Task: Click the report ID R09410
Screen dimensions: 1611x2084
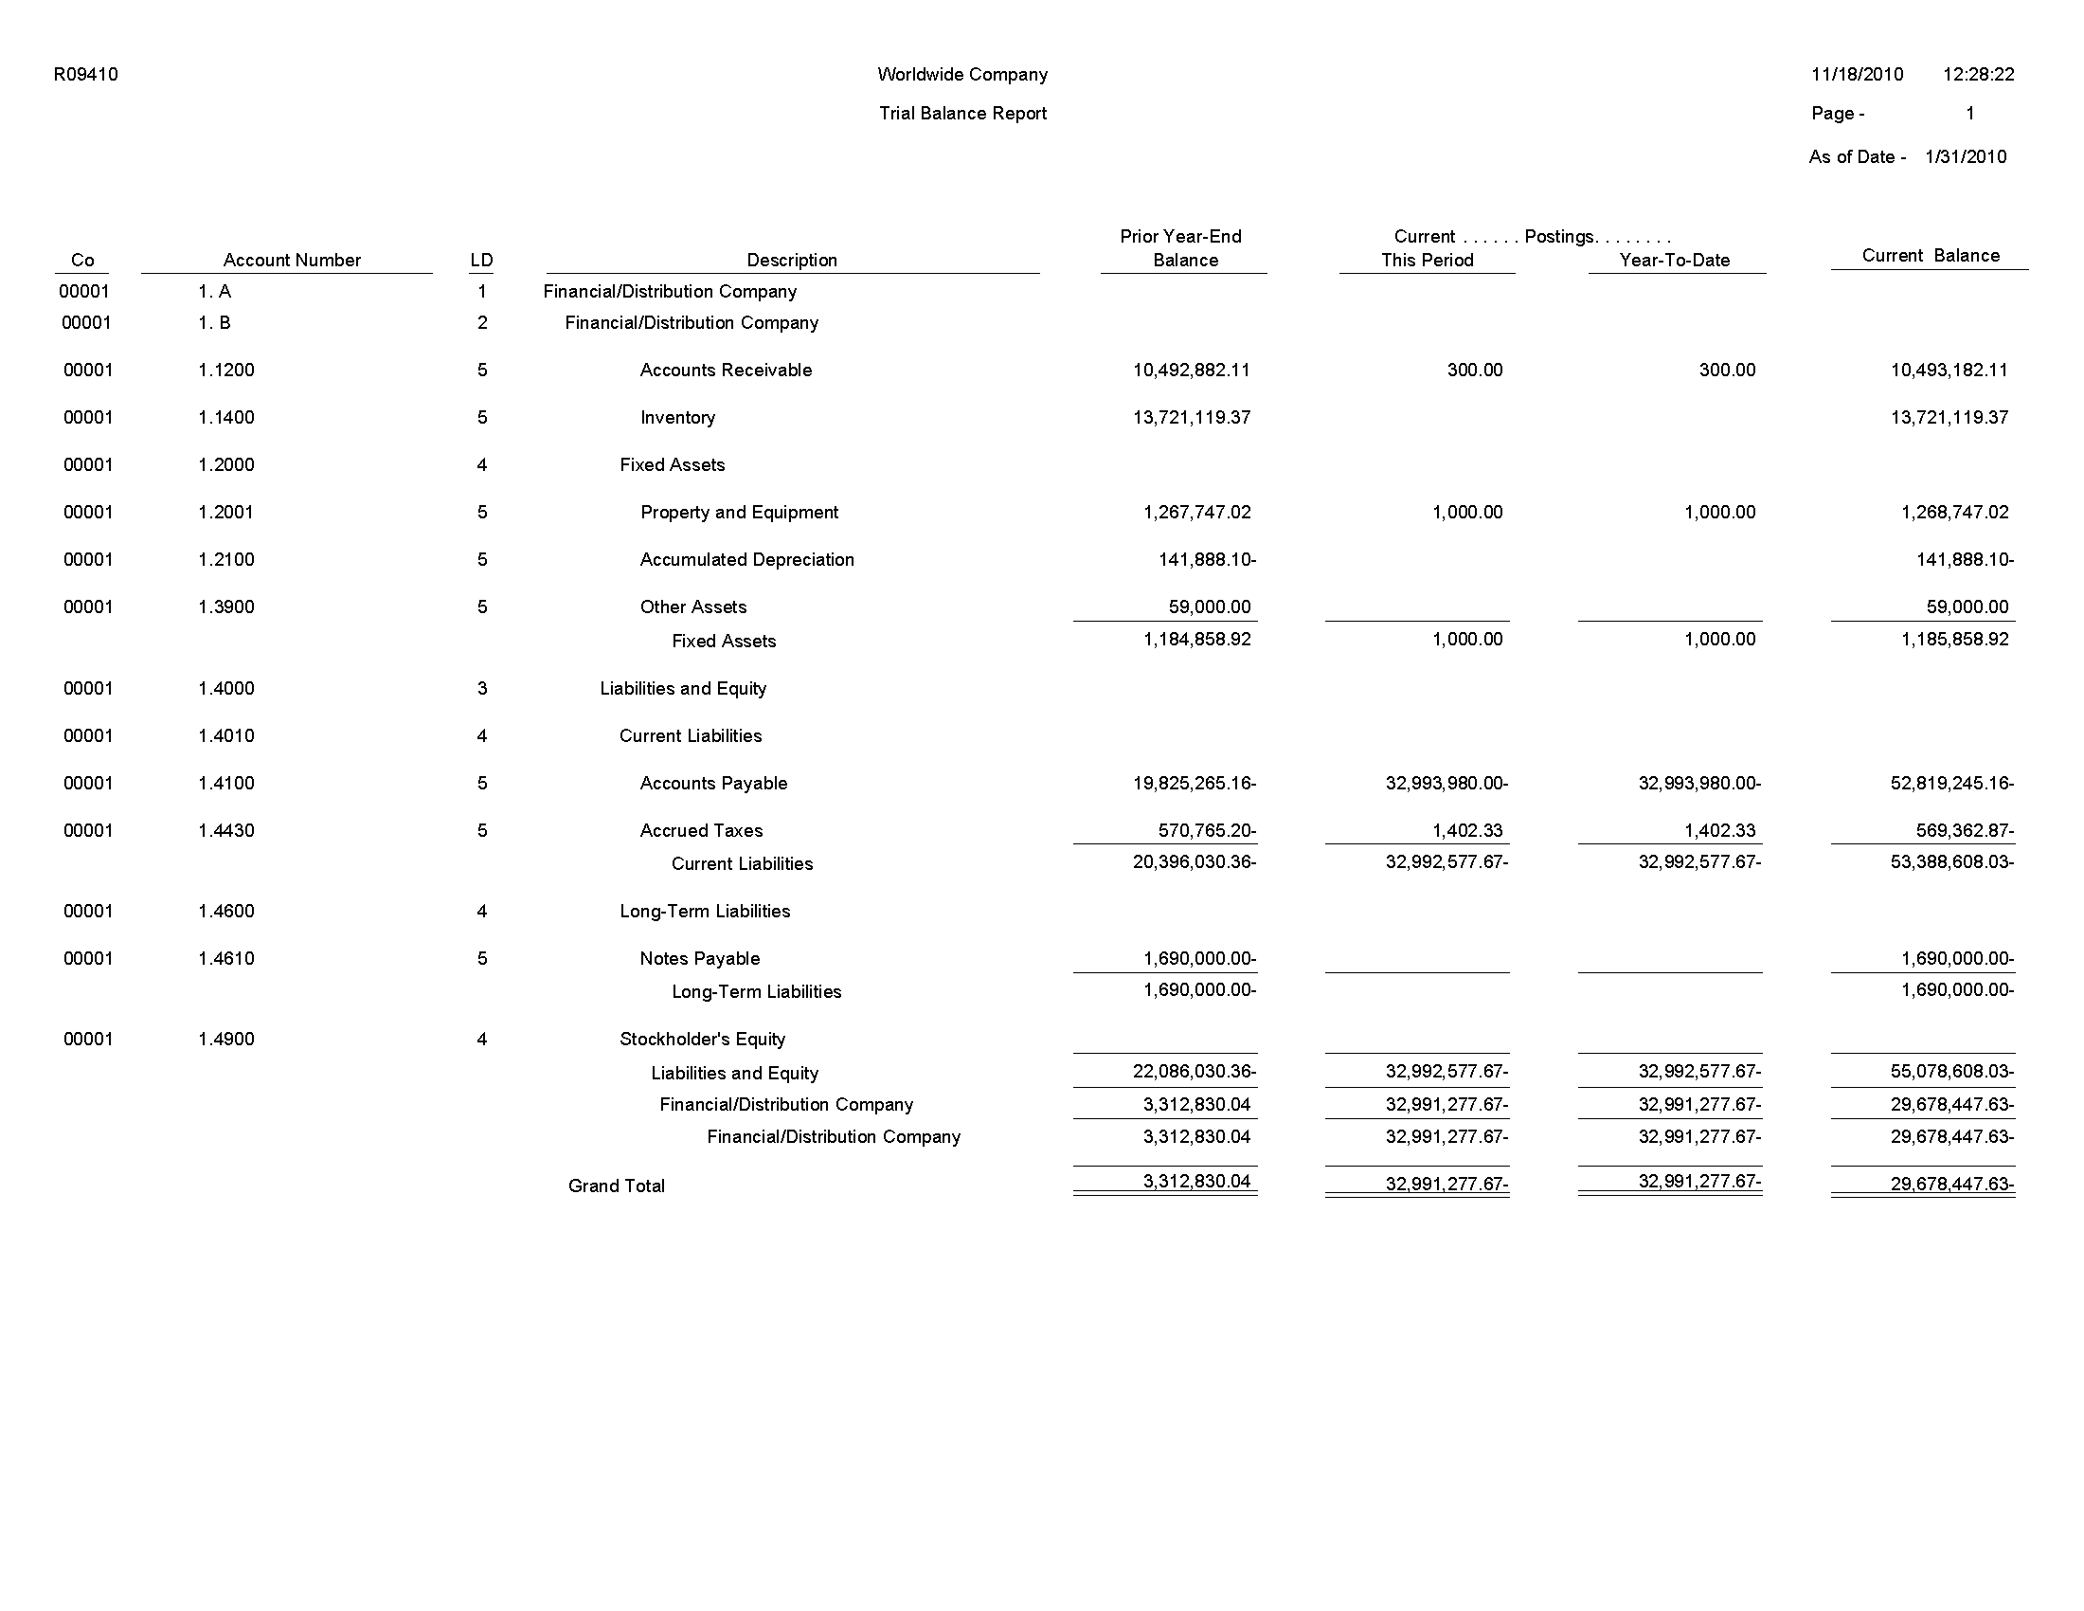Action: [86, 75]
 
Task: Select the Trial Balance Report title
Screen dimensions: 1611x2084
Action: [961, 114]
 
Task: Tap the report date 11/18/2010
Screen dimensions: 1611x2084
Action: [1856, 75]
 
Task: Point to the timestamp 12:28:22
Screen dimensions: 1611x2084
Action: [1977, 75]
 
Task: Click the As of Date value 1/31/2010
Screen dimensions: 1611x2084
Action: [1965, 156]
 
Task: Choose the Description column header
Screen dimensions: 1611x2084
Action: [791, 260]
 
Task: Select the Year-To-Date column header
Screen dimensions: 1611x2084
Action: [1674, 260]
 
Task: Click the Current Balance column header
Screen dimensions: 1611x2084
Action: [1930, 255]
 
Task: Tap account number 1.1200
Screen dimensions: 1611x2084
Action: [226, 371]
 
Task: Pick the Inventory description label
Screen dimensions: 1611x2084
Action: [677, 417]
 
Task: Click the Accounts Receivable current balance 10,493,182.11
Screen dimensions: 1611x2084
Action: [1949, 371]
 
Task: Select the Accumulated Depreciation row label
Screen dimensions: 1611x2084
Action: [746, 559]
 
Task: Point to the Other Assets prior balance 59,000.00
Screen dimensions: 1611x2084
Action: [1208, 607]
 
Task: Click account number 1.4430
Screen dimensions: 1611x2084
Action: [226, 830]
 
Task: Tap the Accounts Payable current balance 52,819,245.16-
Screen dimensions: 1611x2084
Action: [1951, 784]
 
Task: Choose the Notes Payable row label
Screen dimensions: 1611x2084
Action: [699, 958]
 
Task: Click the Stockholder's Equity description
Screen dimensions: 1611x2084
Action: [701, 1040]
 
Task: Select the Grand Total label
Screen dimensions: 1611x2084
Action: [617, 1186]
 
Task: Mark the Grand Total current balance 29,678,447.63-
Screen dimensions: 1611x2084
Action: [1951, 1185]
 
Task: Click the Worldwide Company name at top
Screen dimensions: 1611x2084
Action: [961, 75]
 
